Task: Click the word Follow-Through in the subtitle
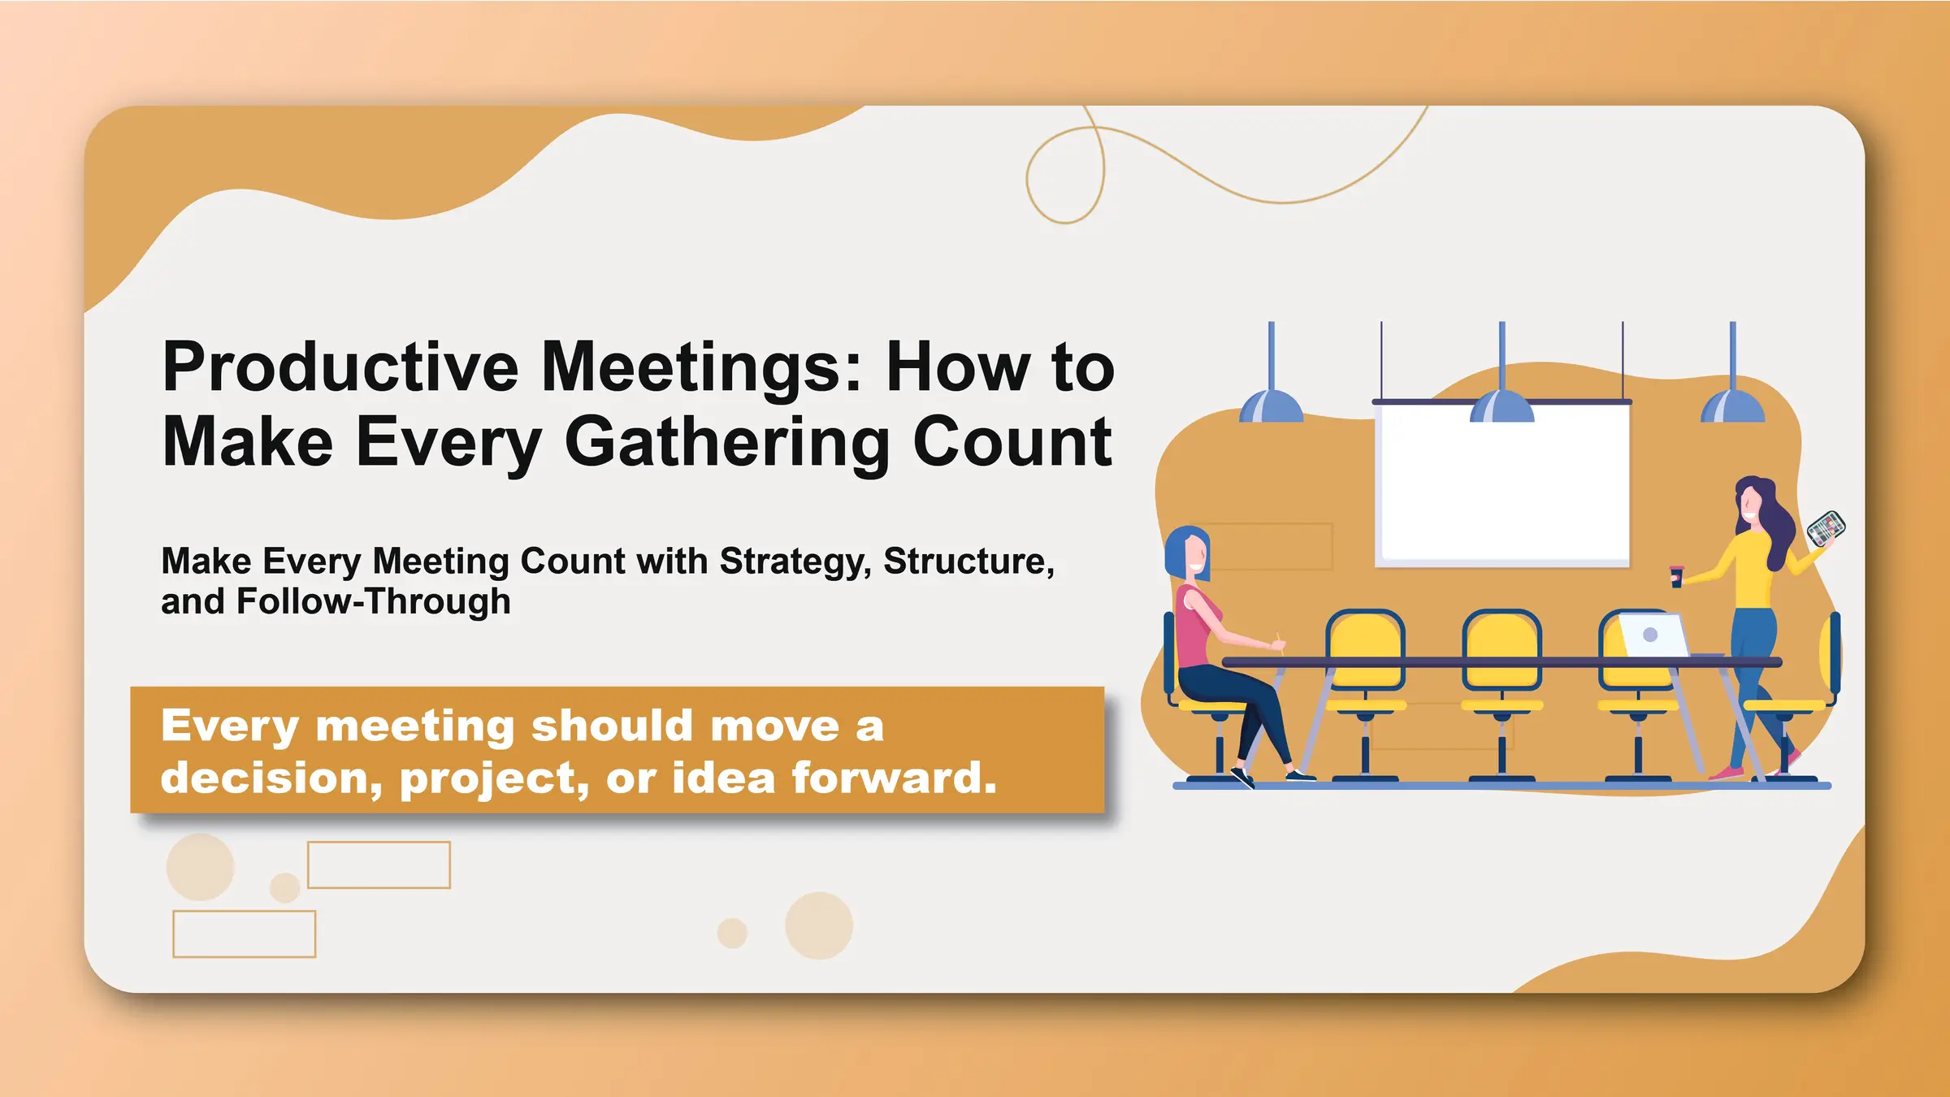373,602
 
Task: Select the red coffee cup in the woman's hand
1675,576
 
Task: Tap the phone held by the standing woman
1826,527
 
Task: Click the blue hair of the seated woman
1178,548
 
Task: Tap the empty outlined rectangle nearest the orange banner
379,865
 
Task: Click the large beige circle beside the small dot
819,926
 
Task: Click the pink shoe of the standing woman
1726,773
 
